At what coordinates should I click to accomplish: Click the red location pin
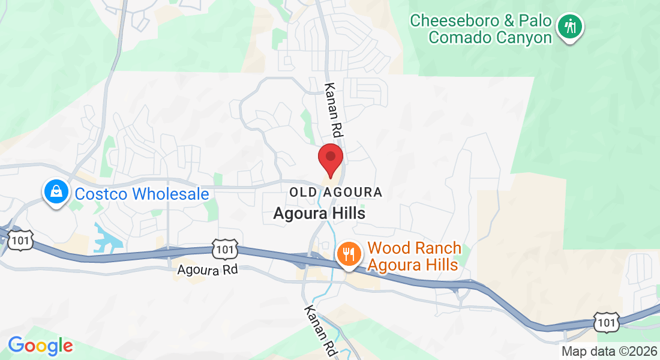click(x=330, y=158)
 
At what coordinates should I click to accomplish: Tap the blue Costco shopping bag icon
click(x=56, y=192)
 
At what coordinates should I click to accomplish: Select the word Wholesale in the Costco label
click(x=170, y=194)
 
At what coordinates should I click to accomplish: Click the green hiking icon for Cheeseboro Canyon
click(x=569, y=26)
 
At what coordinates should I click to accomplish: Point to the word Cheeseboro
click(x=454, y=21)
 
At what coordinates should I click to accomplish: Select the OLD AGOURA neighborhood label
click(x=335, y=193)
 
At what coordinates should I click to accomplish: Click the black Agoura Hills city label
click(x=319, y=213)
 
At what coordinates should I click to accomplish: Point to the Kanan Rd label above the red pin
click(x=334, y=109)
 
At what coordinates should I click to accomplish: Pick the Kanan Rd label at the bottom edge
click(x=319, y=329)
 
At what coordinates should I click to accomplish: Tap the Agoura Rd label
click(x=208, y=270)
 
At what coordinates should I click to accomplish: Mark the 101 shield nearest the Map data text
click(x=605, y=323)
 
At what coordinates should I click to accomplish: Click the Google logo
click(x=40, y=346)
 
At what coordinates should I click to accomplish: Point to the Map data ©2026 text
click(x=609, y=352)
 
